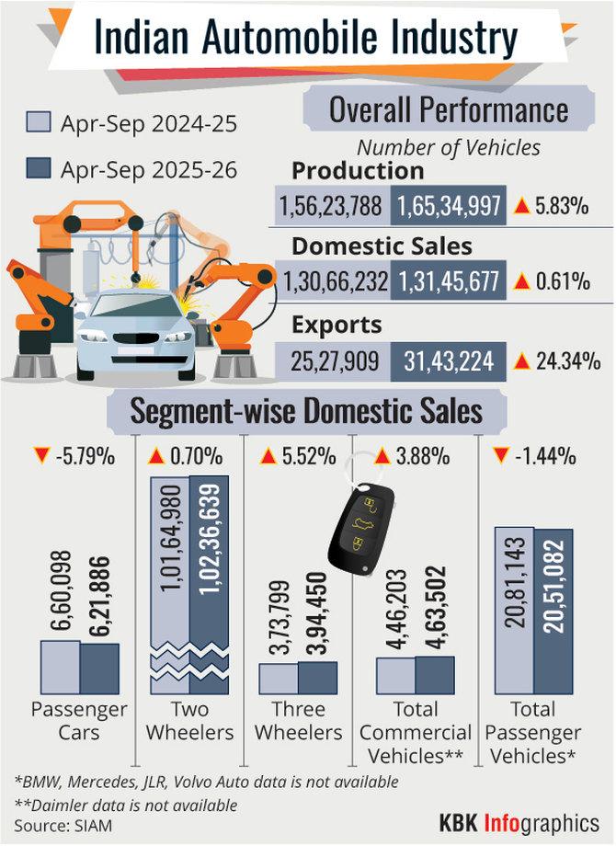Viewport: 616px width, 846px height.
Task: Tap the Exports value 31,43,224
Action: pos(449,360)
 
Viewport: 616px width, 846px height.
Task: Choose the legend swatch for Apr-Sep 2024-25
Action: pos(39,122)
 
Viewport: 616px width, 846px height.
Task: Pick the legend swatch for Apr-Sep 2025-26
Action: pos(39,169)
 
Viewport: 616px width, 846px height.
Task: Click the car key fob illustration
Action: pos(360,525)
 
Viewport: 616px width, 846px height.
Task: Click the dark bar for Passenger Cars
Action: pos(99,669)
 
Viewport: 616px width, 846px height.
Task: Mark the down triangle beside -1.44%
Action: pos(502,454)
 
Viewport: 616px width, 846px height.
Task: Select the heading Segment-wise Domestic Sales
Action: pos(306,410)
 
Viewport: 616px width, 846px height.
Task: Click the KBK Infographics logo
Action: pos(520,820)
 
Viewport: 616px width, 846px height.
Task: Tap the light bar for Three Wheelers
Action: pos(279,678)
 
